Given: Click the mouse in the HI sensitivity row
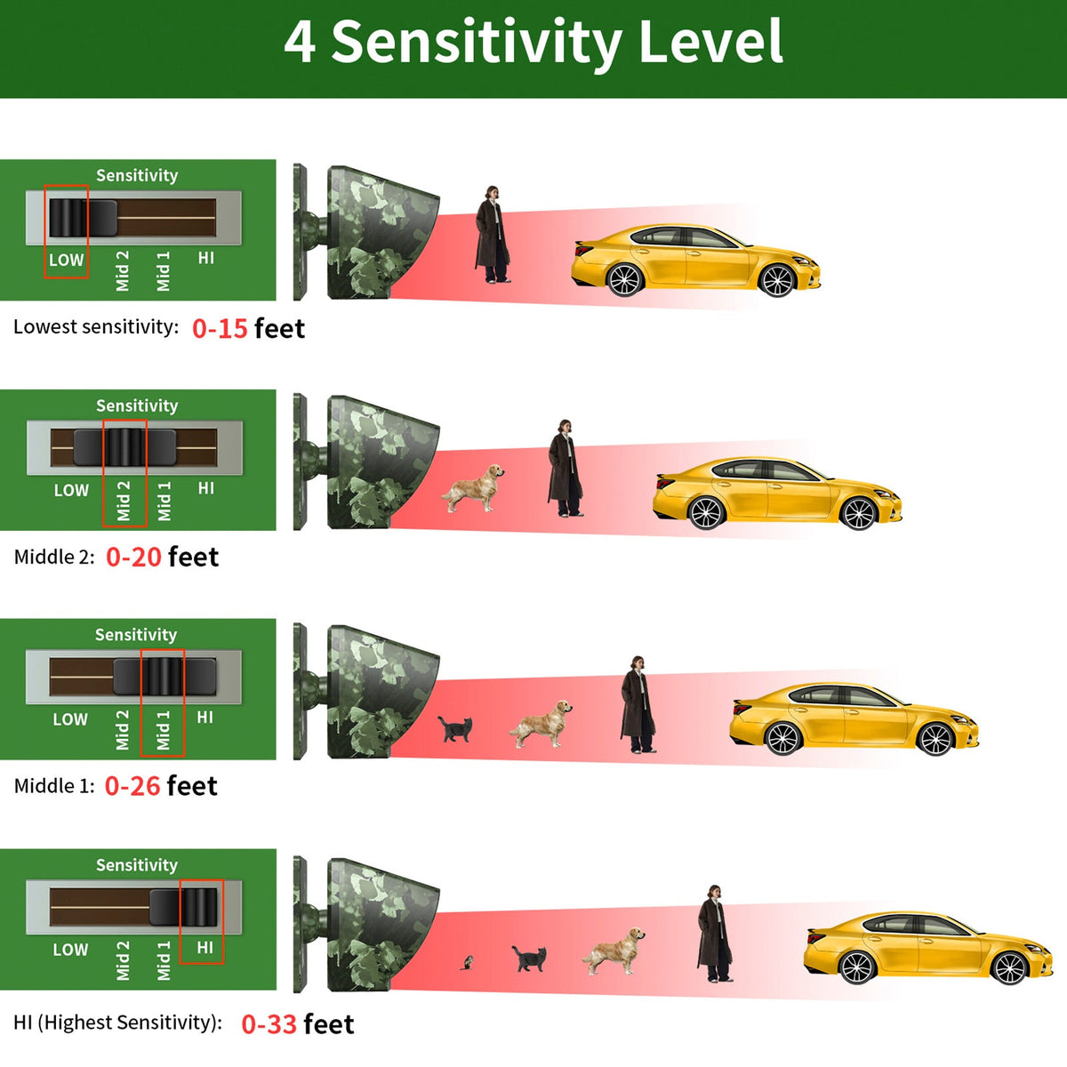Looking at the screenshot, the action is point(467,962).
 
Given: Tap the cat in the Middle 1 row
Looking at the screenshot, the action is point(456,729).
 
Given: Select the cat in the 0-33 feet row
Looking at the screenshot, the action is point(529,959).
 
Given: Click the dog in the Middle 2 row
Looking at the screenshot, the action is point(473,488).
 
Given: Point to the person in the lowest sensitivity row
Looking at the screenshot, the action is point(492,234).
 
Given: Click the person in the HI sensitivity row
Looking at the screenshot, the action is point(715,933).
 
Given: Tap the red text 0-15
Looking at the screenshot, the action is point(220,328).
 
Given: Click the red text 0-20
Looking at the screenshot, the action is point(133,557).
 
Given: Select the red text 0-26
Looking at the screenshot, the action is point(132,786).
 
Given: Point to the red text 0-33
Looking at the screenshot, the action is point(269,1024).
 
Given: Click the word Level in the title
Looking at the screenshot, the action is point(710,42).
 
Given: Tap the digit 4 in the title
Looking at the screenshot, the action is point(300,42).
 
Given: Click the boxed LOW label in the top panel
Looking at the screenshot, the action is point(66,260).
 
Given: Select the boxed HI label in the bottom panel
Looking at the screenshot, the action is point(205,947).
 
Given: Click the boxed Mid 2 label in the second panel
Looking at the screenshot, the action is point(123,501).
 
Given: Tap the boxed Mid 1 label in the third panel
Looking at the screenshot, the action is point(163,730).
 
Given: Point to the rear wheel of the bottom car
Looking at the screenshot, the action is point(856,968).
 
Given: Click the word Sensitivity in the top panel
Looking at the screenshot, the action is point(137,176).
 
